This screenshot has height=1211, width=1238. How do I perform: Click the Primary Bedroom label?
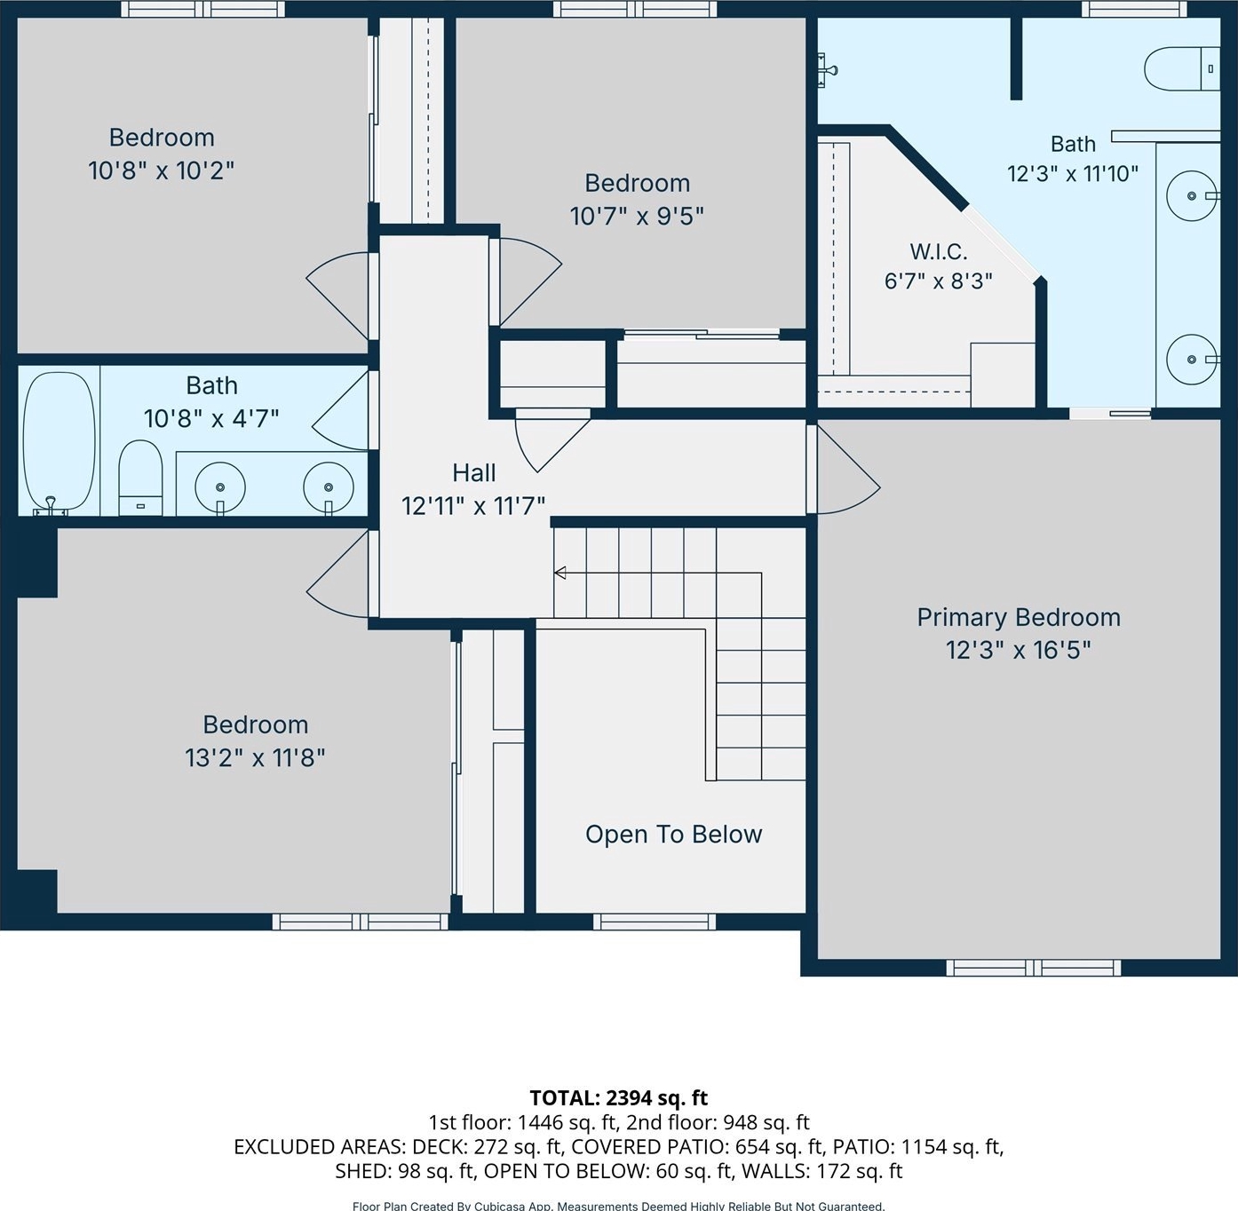[x=1019, y=618]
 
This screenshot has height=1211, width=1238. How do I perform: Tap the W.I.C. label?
[x=939, y=252]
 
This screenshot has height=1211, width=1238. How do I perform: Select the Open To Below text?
[x=674, y=835]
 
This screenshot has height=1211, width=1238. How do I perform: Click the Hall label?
[x=474, y=473]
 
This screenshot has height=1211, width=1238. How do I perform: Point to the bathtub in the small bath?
[x=60, y=441]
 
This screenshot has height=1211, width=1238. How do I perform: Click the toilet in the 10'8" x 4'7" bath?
[x=140, y=477]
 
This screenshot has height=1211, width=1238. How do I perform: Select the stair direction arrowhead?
[x=559, y=573]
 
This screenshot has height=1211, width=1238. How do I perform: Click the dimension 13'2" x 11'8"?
[x=255, y=758]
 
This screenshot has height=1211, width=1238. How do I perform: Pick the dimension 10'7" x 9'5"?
[x=637, y=217]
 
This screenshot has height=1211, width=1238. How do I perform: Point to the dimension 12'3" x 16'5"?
[x=1019, y=651]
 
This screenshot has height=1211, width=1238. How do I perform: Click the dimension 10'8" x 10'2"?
[x=162, y=170]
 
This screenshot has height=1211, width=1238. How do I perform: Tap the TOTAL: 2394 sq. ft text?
[x=618, y=1098]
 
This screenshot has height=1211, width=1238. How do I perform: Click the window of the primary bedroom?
[x=1033, y=968]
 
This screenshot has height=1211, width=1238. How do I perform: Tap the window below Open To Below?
[x=655, y=922]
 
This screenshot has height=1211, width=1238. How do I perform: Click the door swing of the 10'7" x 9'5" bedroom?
[x=530, y=281]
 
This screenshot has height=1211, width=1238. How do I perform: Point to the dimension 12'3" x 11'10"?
[x=1073, y=174]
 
